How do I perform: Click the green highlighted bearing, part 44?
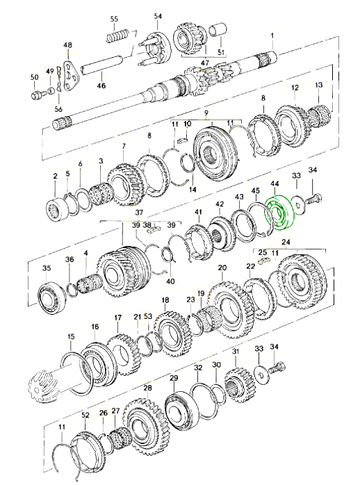(x=278, y=214)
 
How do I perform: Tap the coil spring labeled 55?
(x=117, y=35)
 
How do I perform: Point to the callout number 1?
(x=272, y=36)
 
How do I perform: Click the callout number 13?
(x=318, y=85)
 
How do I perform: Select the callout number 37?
(x=139, y=213)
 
